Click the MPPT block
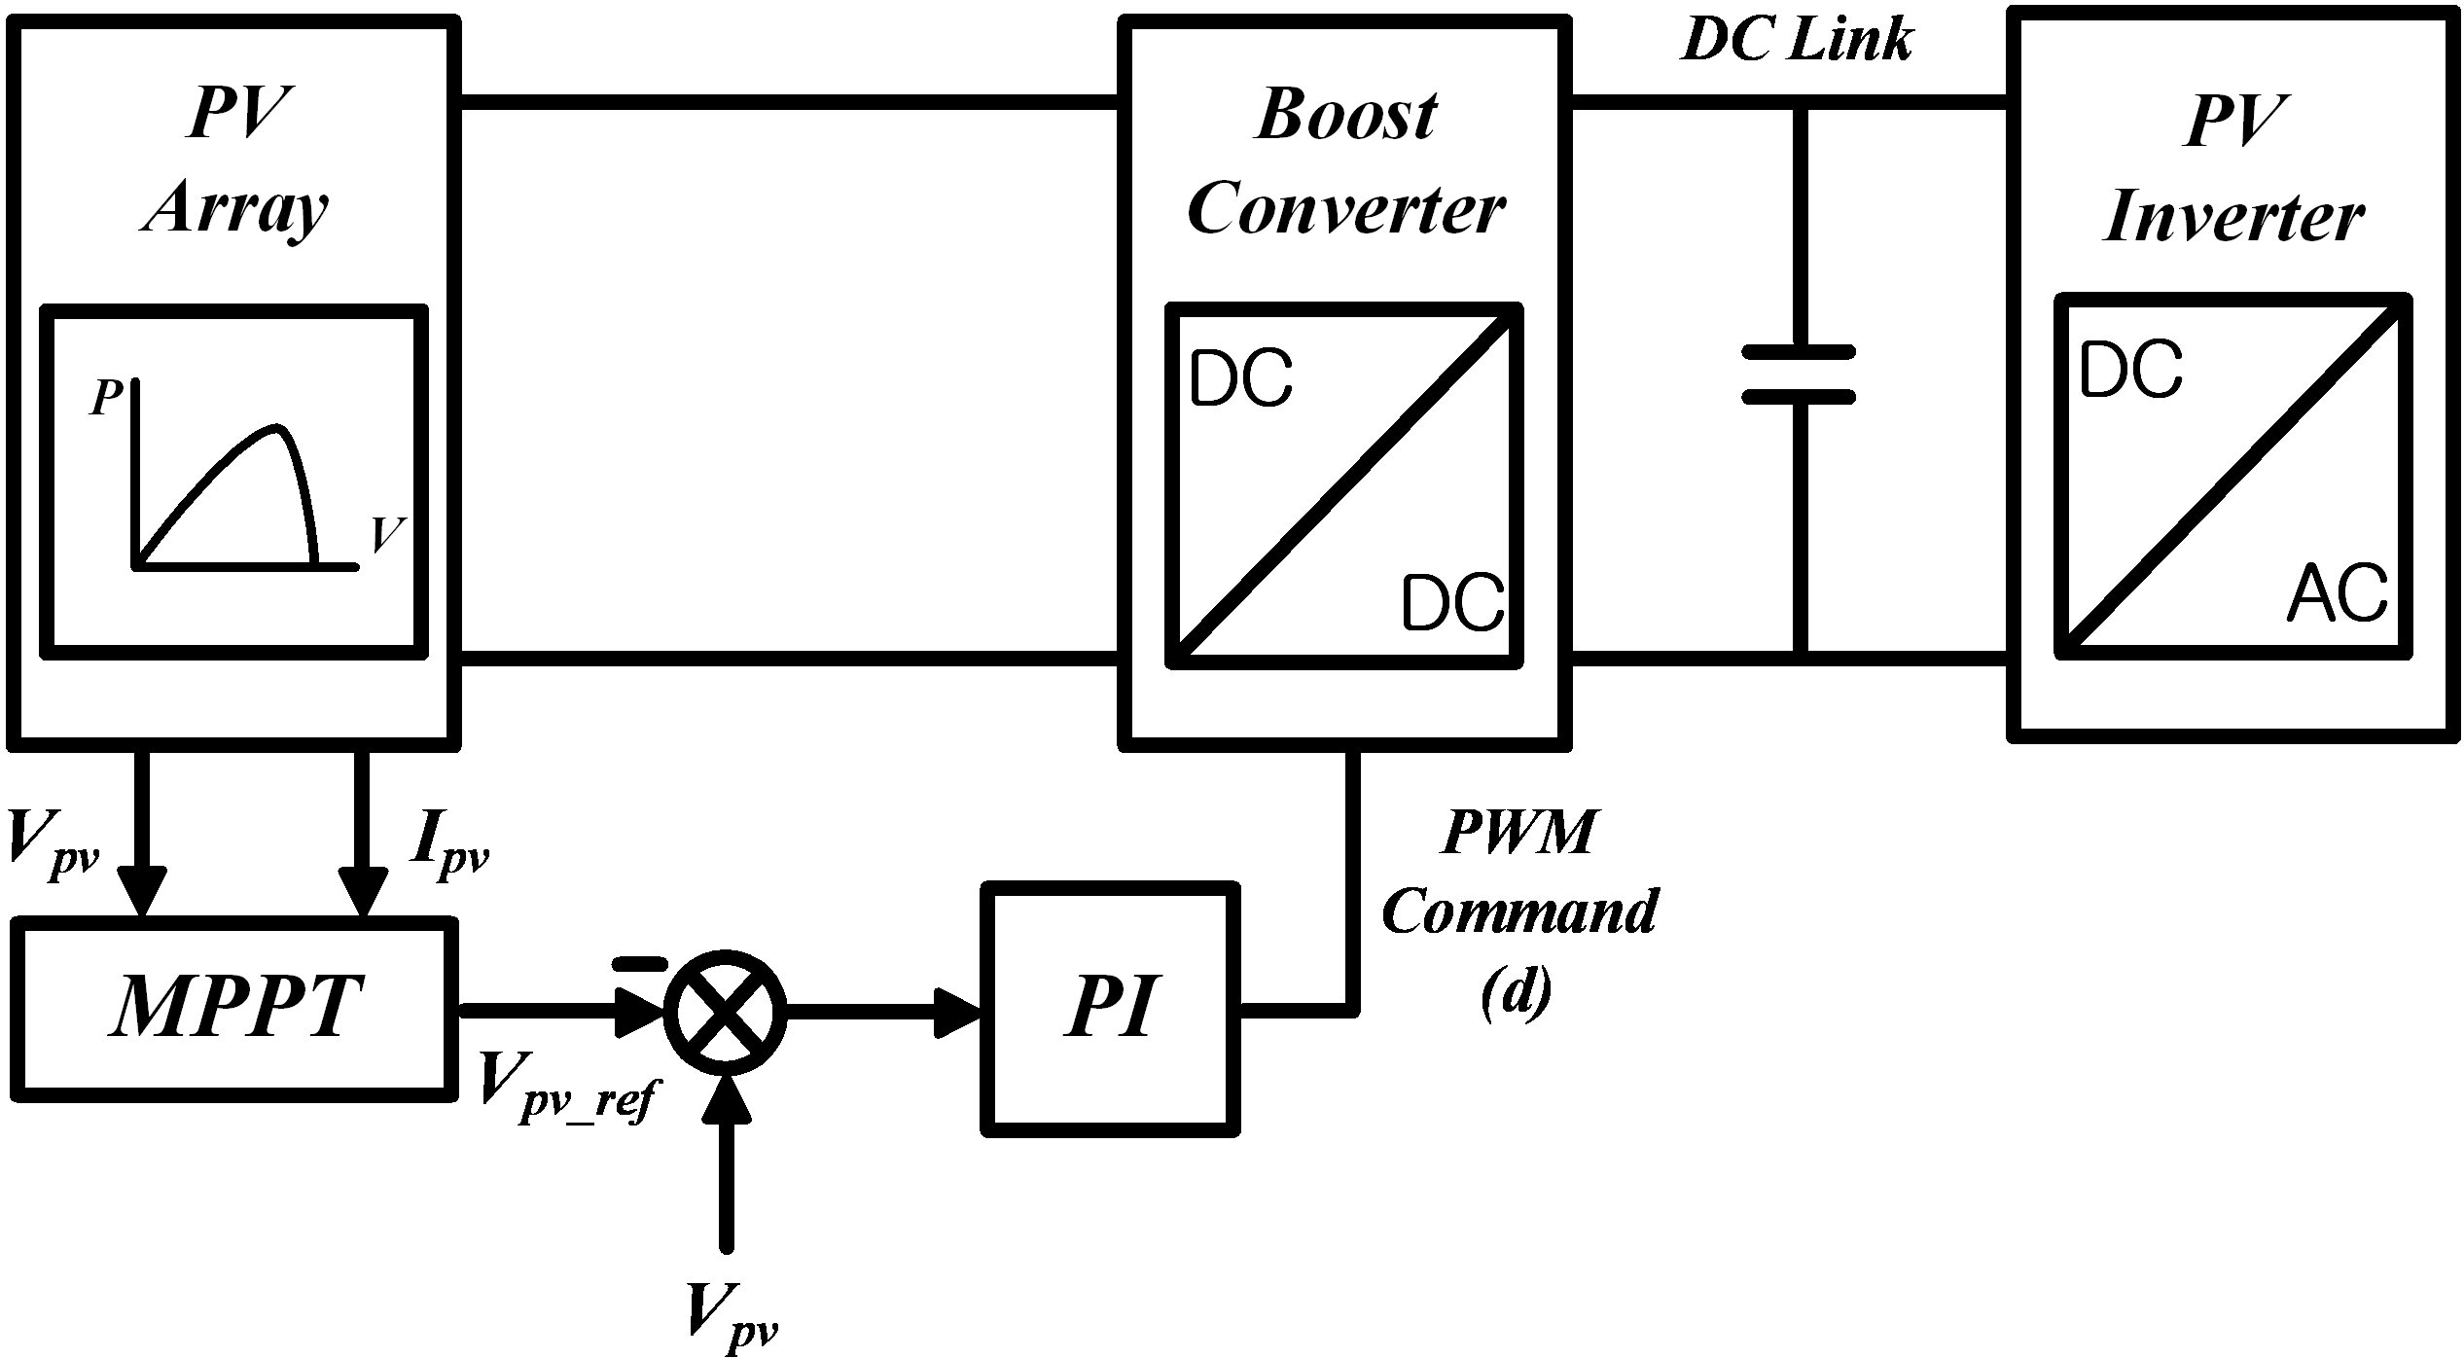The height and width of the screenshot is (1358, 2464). tap(234, 1009)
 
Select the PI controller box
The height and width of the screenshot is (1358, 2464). tap(1110, 1009)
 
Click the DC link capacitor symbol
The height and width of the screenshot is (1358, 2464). tap(1799, 374)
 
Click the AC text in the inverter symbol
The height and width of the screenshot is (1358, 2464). tap(2337, 593)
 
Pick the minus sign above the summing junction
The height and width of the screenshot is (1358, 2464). tap(639, 963)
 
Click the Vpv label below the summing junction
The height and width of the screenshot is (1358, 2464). tap(732, 1318)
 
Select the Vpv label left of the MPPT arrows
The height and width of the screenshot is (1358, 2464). tap(53, 844)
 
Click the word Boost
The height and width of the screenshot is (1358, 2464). tap(1346, 115)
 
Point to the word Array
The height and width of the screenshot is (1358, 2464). tap(235, 208)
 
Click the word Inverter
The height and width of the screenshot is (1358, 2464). tap(2233, 216)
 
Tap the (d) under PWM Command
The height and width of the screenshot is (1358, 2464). tap(1517, 992)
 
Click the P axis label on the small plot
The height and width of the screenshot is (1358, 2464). tap(106, 398)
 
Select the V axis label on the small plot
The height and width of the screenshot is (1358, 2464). tap(388, 534)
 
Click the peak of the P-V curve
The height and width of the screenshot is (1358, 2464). tap(278, 427)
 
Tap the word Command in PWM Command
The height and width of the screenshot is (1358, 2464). tap(1519, 912)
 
